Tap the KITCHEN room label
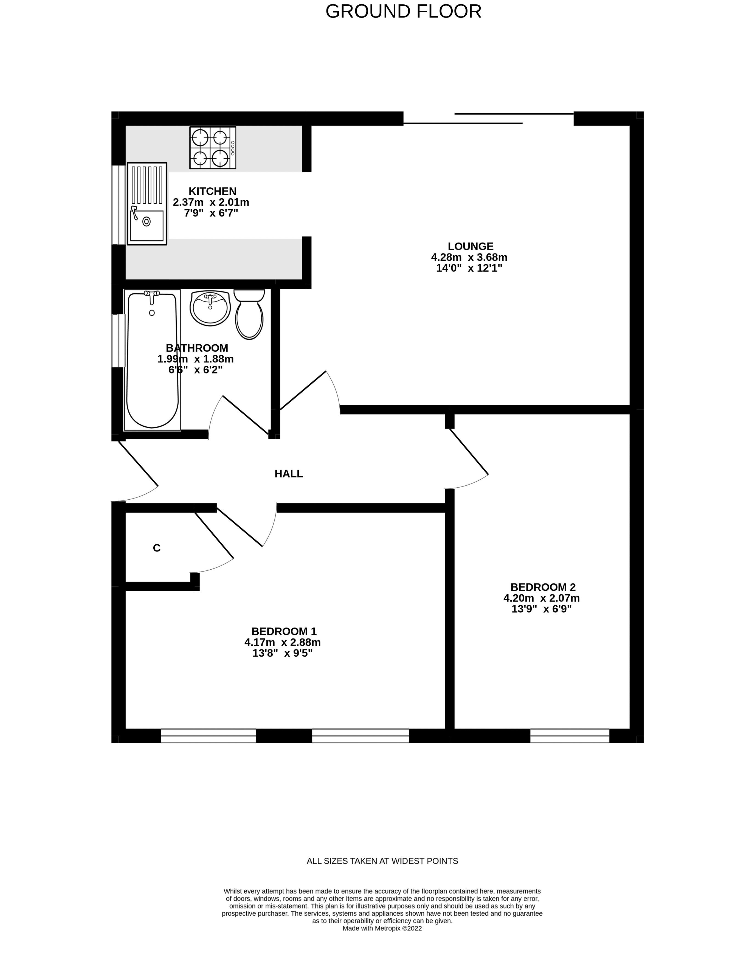pyautogui.click(x=212, y=192)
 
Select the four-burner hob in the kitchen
pyautogui.click(x=212, y=147)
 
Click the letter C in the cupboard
pyautogui.click(x=156, y=548)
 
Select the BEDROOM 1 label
pyautogui.click(x=284, y=631)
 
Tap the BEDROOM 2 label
pyautogui.click(x=543, y=587)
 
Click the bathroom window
pyautogui.click(x=118, y=341)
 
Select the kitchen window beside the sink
pyautogui.click(x=118, y=205)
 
